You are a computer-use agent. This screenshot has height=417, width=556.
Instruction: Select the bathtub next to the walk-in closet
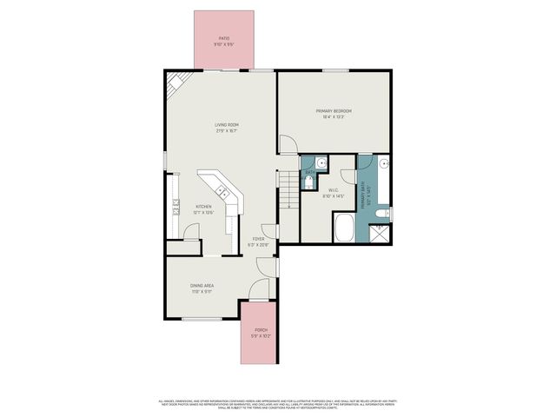point(344,228)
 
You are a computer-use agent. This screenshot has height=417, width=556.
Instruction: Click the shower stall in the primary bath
point(379,232)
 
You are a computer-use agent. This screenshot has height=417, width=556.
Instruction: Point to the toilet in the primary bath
point(388,213)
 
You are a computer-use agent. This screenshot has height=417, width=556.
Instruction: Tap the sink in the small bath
point(320,162)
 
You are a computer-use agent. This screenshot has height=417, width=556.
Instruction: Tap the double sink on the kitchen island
point(222,190)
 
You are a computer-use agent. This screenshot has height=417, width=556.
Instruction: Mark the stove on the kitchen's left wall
point(175,207)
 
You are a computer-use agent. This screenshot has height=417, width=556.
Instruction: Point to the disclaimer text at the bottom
point(278,404)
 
